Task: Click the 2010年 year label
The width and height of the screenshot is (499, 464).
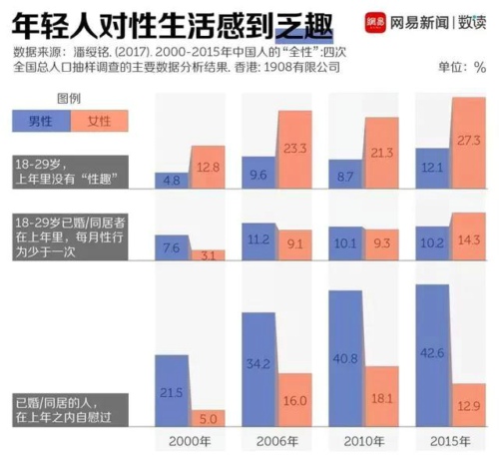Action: coord(363,442)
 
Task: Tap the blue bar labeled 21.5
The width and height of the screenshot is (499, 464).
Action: coord(172,389)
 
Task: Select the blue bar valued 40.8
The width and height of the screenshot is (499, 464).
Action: coord(344,359)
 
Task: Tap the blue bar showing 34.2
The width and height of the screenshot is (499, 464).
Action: coord(257,369)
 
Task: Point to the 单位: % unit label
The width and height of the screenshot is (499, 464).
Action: coord(463,67)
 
